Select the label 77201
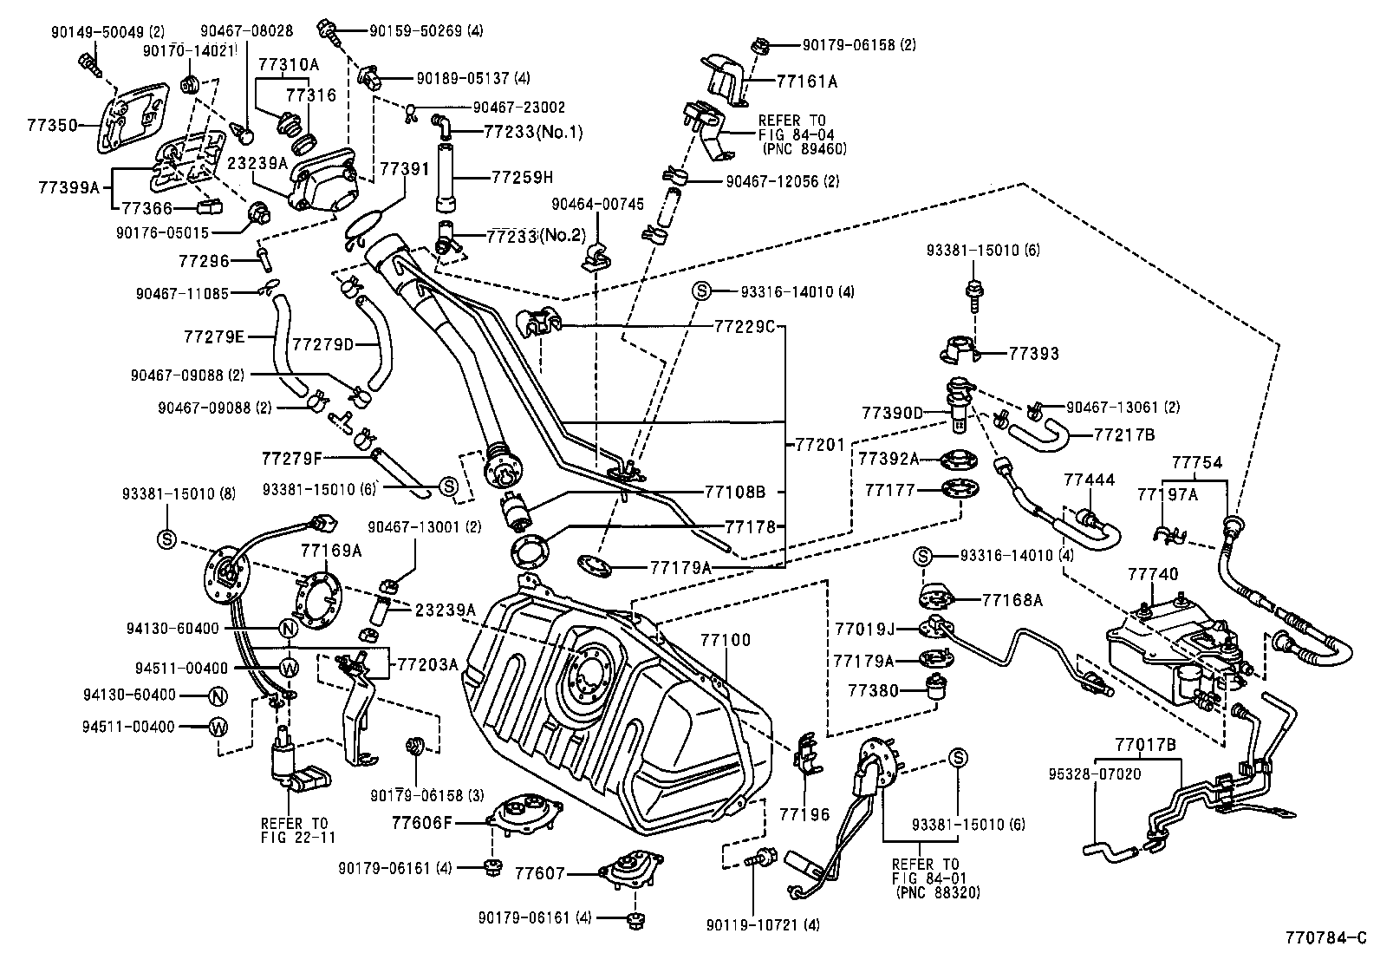819,445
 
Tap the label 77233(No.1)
533,132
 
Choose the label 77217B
1124,434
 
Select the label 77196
804,814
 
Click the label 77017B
1145,744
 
